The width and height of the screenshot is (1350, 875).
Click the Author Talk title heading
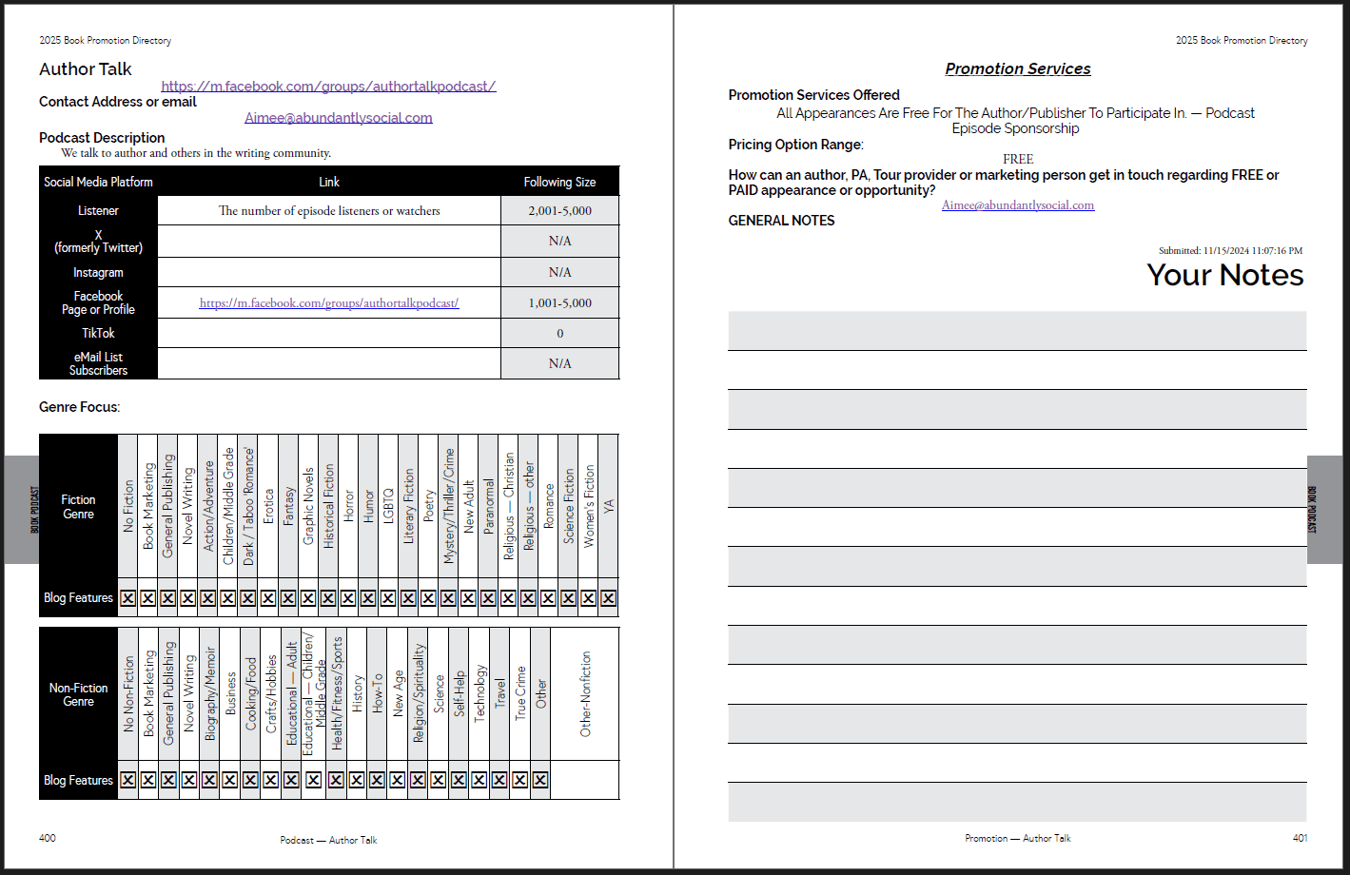(86, 69)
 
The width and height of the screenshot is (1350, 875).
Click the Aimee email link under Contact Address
(338, 118)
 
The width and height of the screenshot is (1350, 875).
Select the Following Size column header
(559, 182)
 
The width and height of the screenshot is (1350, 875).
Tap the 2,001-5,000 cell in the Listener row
(559, 211)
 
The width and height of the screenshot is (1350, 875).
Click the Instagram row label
(98, 273)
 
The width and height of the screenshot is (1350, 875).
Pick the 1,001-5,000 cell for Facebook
(559, 303)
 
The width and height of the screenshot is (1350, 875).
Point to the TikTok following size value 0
(559, 334)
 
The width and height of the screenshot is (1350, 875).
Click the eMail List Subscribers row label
(98, 363)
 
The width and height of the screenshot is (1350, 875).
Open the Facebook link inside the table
(328, 303)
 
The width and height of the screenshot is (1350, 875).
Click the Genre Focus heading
(79, 407)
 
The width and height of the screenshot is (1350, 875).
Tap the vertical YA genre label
(609, 507)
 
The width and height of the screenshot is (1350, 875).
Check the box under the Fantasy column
(288, 598)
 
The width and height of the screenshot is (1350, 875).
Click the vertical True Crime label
(520, 692)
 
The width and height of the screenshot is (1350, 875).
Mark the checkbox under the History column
(357, 780)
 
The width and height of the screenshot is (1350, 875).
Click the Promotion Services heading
(1017, 69)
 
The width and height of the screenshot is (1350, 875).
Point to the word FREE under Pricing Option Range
(1017, 159)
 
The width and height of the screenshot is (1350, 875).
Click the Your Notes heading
(1224, 275)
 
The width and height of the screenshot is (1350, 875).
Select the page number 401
(1300, 838)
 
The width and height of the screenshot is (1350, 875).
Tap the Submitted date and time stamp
(1230, 251)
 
